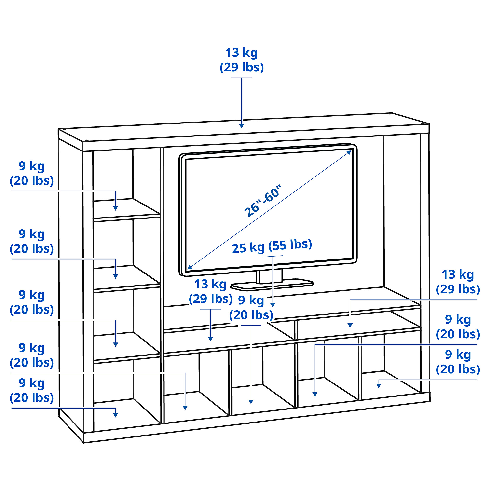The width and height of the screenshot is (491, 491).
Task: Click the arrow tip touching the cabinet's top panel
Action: (x=241, y=128)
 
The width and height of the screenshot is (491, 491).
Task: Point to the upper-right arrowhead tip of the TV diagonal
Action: (x=352, y=150)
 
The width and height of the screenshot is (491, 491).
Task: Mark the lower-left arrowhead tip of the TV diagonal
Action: (x=187, y=269)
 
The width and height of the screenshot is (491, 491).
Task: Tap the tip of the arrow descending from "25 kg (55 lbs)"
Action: (x=273, y=307)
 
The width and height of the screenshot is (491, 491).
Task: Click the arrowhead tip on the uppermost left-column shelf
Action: (x=116, y=210)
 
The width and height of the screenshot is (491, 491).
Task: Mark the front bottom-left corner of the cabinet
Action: (x=84, y=443)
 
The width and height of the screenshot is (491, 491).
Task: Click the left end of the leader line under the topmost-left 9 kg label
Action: (x=12, y=191)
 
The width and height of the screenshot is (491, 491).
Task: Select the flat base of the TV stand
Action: (x=272, y=285)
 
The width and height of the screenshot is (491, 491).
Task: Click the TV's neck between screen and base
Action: (x=269, y=276)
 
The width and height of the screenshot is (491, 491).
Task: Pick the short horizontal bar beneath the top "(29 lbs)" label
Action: (x=241, y=78)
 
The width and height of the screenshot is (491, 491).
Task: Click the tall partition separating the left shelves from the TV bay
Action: (x=162, y=285)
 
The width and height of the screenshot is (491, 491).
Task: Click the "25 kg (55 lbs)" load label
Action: (x=272, y=246)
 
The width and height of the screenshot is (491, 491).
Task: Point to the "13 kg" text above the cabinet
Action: (x=241, y=53)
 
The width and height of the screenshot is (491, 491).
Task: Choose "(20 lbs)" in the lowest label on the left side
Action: (x=32, y=398)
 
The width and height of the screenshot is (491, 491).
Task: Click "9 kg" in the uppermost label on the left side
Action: (x=32, y=166)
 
